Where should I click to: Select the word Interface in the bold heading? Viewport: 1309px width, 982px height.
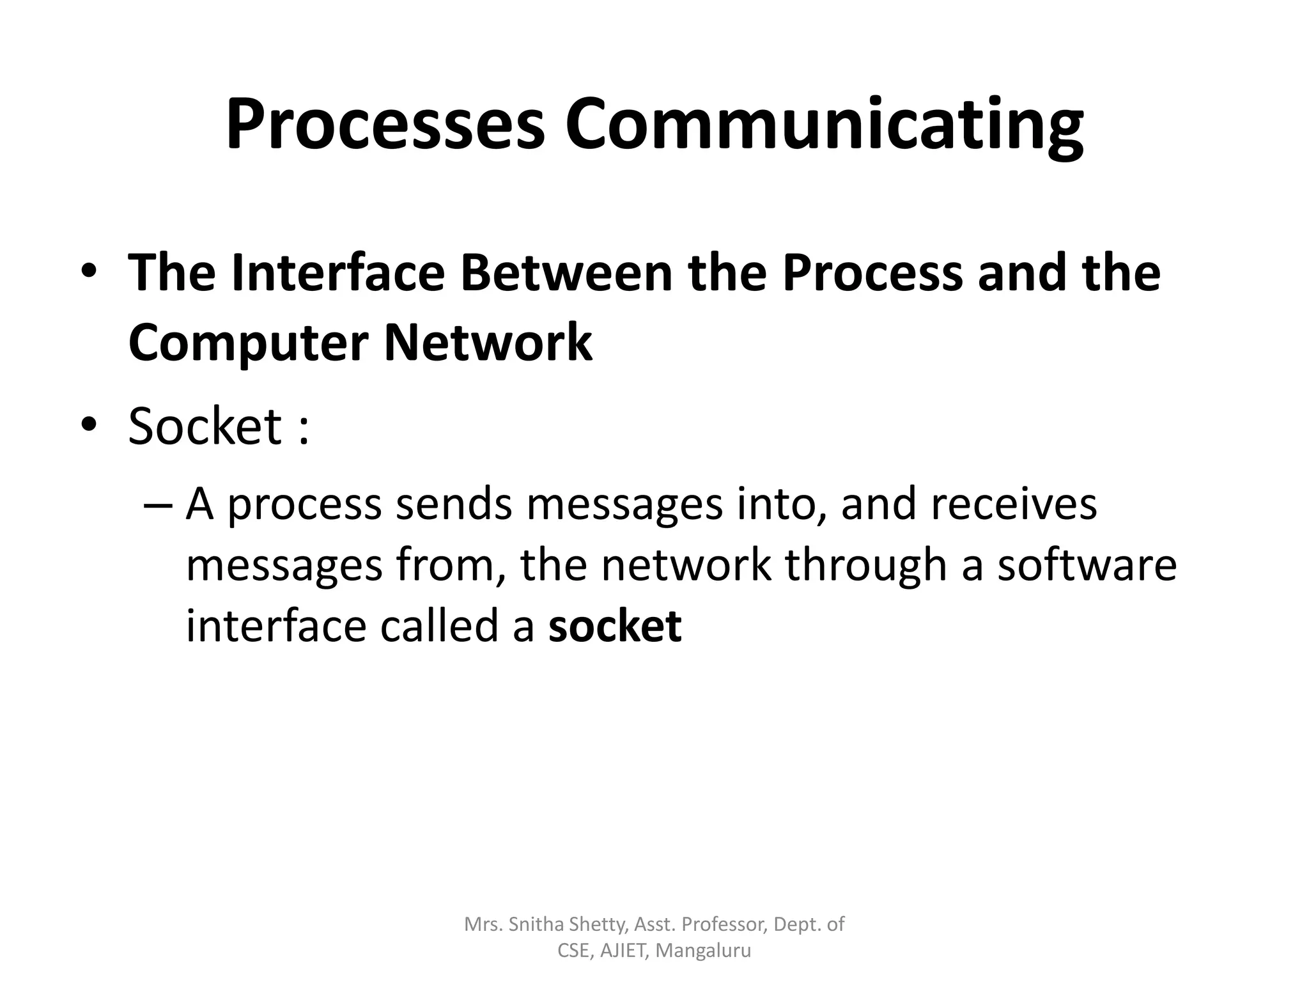[338, 273]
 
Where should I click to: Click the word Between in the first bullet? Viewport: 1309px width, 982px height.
[566, 273]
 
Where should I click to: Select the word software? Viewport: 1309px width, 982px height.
[1087, 565]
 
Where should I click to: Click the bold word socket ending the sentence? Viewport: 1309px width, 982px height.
[615, 626]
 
